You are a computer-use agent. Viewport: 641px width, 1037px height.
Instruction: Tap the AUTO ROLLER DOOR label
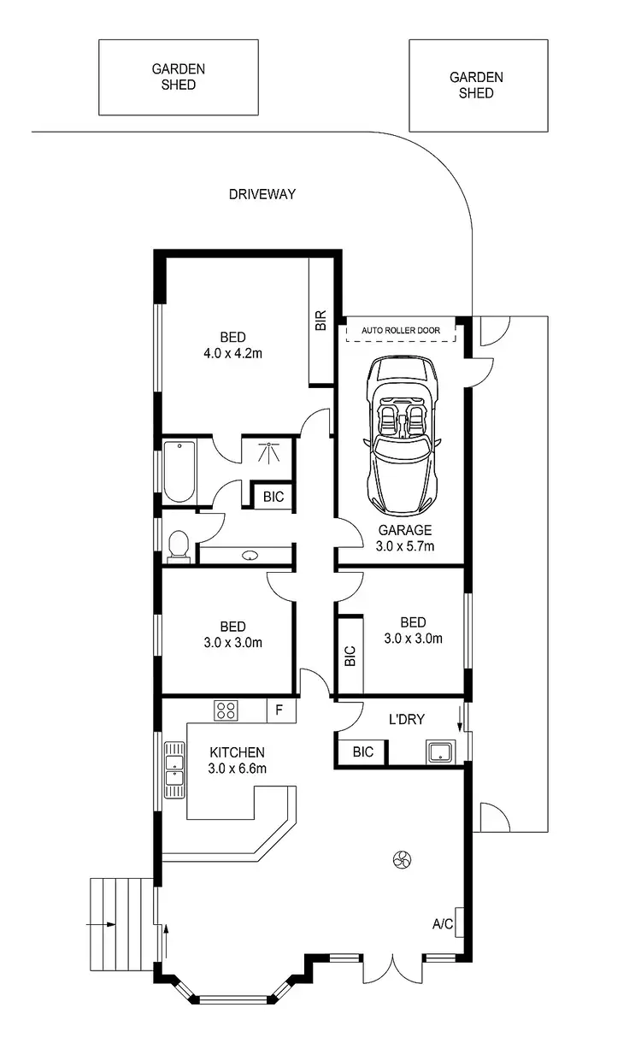(x=401, y=329)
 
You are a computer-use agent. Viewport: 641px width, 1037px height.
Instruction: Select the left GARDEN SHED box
(x=179, y=77)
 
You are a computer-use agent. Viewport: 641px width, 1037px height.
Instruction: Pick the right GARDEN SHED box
(x=477, y=85)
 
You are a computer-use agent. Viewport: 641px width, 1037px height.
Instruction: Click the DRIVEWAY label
(x=262, y=194)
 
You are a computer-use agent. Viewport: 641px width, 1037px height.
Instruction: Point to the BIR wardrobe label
(x=321, y=321)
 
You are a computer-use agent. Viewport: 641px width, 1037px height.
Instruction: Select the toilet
(x=179, y=546)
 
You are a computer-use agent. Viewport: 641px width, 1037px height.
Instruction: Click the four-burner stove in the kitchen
(x=226, y=710)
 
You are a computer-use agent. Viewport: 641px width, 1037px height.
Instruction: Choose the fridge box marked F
(x=279, y=709)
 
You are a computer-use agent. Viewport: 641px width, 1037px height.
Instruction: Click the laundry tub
(x=440, y=751)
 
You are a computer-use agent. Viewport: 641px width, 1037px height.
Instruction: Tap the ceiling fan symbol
(x=402, y=860)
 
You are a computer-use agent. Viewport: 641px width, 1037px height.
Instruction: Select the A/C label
(x=443, y=924)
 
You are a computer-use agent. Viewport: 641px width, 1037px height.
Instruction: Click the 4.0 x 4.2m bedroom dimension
(x=232, y=353)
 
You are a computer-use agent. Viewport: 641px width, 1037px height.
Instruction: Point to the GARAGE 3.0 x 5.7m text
(x=406, y=537)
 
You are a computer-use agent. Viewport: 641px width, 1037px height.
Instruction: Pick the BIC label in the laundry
(x=362, y=752)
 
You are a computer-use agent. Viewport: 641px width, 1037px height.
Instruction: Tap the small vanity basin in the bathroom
(x=250, y=555)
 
